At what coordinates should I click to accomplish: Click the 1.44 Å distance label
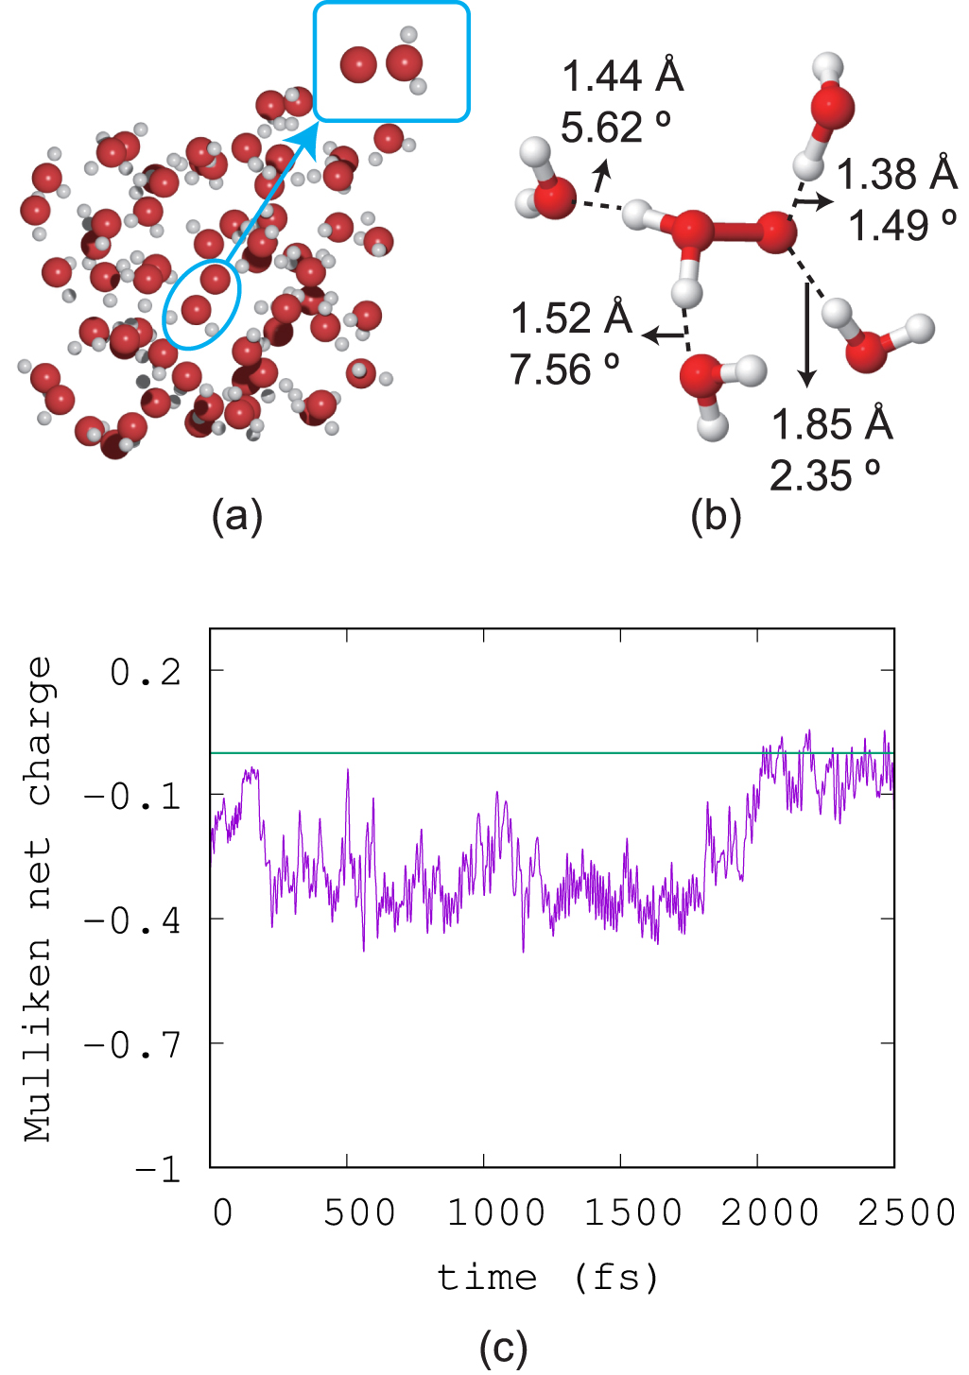tap(622, 76)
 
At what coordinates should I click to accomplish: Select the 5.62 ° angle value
tap(615, 127)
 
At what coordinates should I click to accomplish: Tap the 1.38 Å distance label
tap(896, 174)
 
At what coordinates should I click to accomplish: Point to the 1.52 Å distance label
tap(571, 318)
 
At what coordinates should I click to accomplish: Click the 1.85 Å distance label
tap(832, 424)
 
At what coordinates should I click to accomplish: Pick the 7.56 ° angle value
tap(564, 370)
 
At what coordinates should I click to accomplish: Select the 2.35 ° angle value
tap(824, 475)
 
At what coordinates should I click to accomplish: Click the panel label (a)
tap(237, 517)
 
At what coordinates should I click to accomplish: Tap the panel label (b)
tap(716, 517)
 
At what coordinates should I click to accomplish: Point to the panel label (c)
tap(503, 1348)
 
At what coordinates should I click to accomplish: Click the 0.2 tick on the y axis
tap(146, 672)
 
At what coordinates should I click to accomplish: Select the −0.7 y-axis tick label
tap(131, 1044)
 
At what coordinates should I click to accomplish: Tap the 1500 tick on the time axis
tap(632, 1212)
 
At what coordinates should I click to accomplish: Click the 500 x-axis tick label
tap(359, 1212)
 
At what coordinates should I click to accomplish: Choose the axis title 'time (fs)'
tap(547, 1278)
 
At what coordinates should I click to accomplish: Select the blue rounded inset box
tap(391, 61)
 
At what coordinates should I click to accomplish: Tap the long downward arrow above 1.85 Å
tap(806, 335)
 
